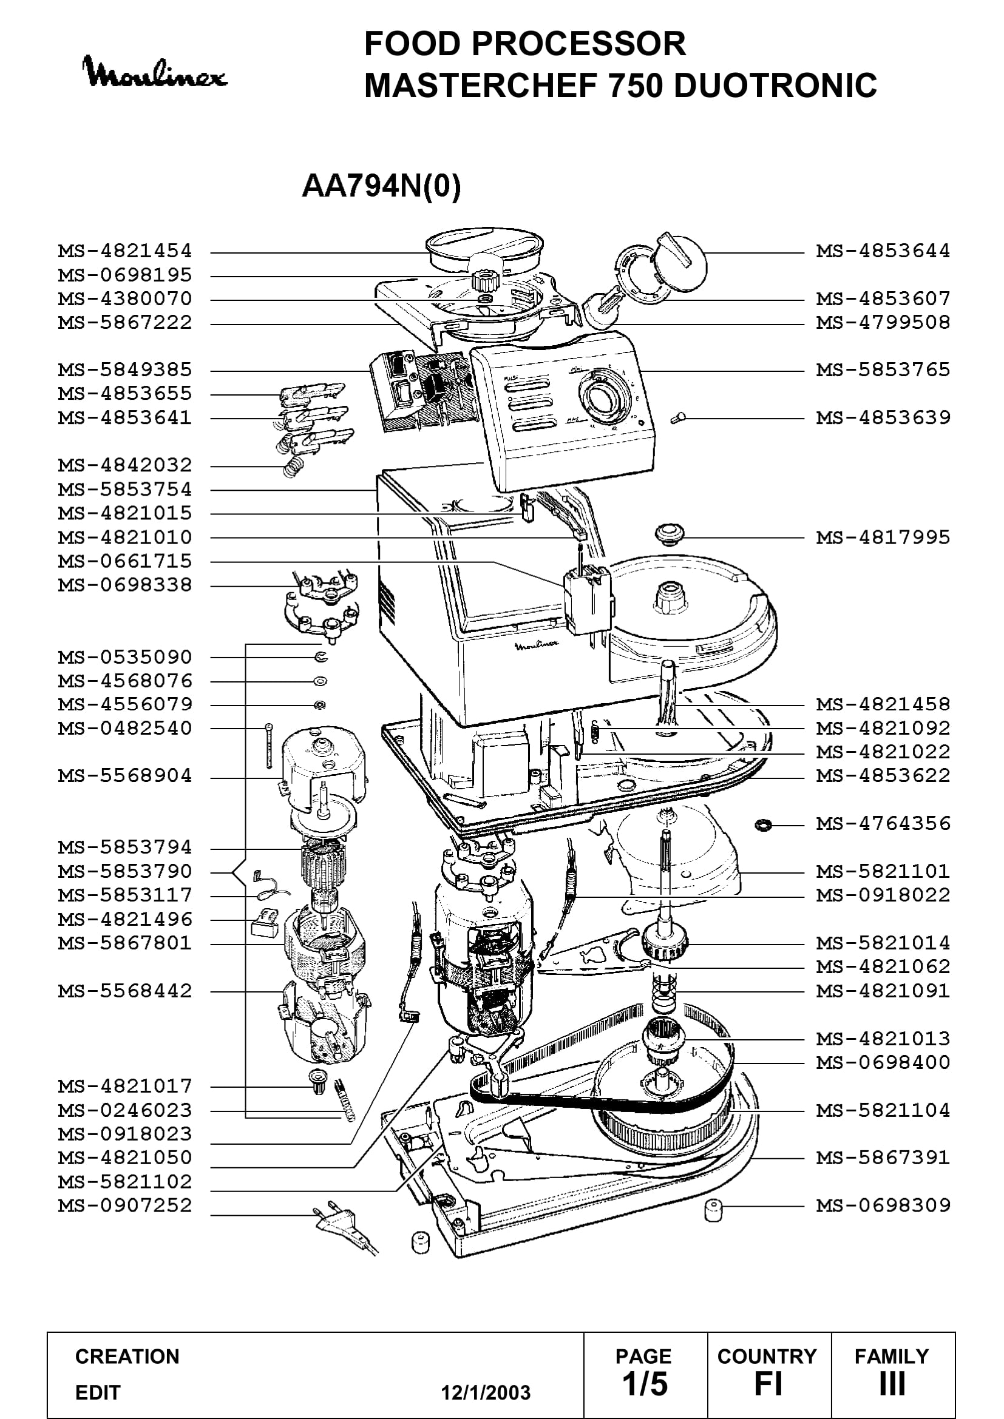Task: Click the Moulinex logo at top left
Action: pos(155,72)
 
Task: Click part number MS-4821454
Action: pos(125,252)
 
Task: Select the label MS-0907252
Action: pos(125,1205)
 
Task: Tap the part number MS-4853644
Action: pos(883,252)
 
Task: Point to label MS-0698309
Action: pos(883,1205)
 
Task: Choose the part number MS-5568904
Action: pos(125,776)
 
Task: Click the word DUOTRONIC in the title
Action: pos(775,86)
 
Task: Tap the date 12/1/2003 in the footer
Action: pos(486,1392)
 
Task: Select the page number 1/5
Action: pos(645,1384)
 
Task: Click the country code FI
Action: pos(768,1384)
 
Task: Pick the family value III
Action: pos(892,1384)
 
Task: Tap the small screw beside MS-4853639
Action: pos(678,419)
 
